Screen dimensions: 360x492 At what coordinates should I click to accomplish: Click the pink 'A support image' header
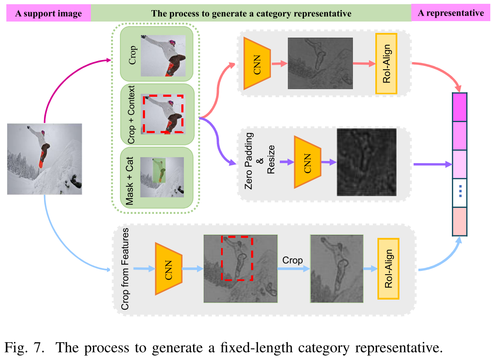49,14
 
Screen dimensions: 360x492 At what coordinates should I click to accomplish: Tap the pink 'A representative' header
451,13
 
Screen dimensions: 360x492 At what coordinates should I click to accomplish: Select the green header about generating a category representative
251,14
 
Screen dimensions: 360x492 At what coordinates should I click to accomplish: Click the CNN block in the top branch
258,63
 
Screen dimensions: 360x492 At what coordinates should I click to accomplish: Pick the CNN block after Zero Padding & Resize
308,162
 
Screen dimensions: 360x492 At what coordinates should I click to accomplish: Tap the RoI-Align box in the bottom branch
388,268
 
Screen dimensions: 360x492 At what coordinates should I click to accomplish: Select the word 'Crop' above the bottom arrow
292,260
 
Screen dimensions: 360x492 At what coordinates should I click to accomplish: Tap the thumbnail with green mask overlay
162,177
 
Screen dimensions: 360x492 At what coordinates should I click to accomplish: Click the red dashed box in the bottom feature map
237,258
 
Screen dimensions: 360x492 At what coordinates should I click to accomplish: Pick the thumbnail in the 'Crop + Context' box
163,114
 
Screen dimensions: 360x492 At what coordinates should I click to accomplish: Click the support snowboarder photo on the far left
44,159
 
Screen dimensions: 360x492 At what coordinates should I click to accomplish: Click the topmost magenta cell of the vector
460,107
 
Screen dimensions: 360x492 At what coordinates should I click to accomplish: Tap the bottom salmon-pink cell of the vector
460,221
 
